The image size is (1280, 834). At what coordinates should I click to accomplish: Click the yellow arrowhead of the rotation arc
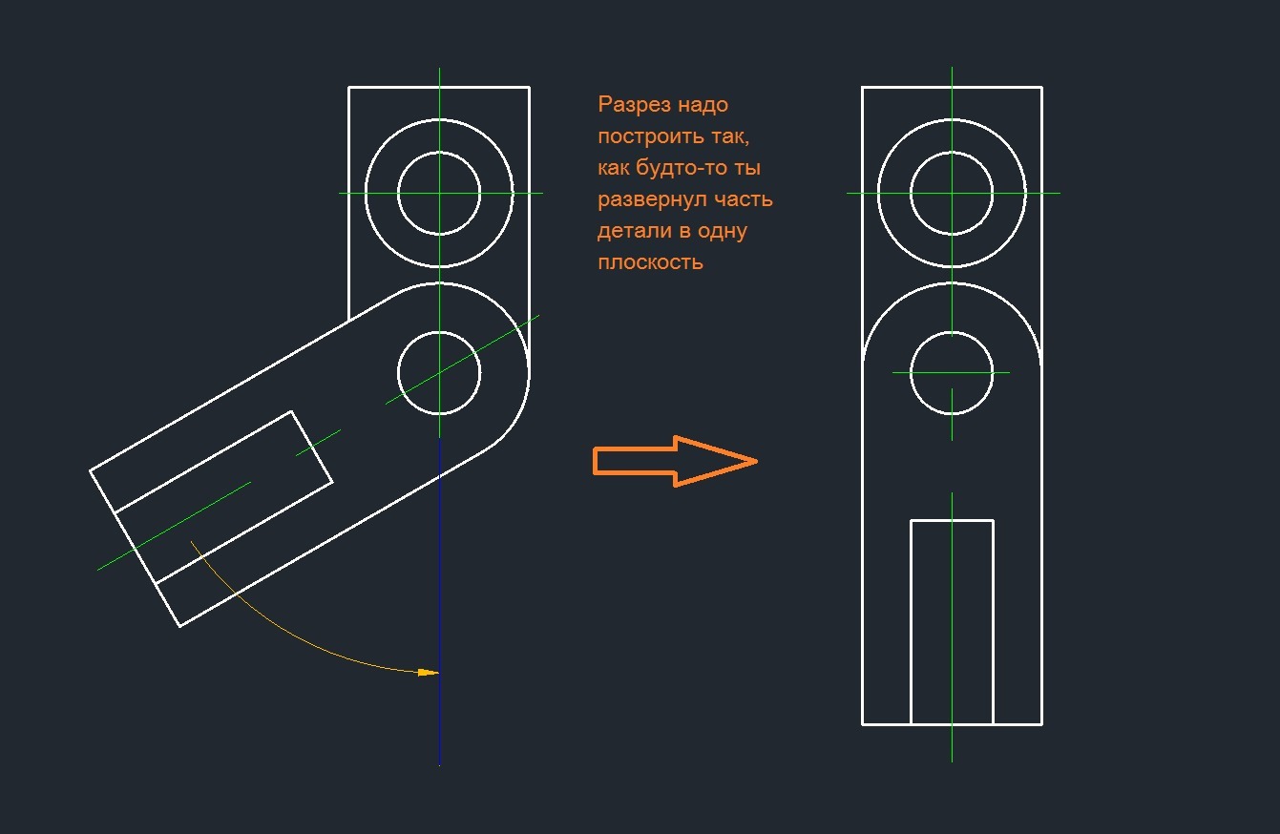tap(429, 673)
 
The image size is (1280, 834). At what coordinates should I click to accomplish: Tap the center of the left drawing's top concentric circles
tap(439, 193)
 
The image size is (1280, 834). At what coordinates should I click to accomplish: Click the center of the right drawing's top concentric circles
tap(952, 193)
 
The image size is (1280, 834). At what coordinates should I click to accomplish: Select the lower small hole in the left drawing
tap(439, 373)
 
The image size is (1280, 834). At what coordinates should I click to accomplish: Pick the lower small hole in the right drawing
tap(952, 373)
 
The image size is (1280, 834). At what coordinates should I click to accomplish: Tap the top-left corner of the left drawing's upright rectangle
tap(349, 87)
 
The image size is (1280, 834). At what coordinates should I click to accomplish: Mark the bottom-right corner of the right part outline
tap(1041, 724)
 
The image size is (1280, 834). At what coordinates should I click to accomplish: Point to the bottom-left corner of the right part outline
tap(863, 724)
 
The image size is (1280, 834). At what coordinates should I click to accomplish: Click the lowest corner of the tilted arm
tap(180, 626)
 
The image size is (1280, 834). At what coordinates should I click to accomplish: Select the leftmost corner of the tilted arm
tap(91, 470)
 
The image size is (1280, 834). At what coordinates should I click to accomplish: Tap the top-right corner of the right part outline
tap(1041, 87)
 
